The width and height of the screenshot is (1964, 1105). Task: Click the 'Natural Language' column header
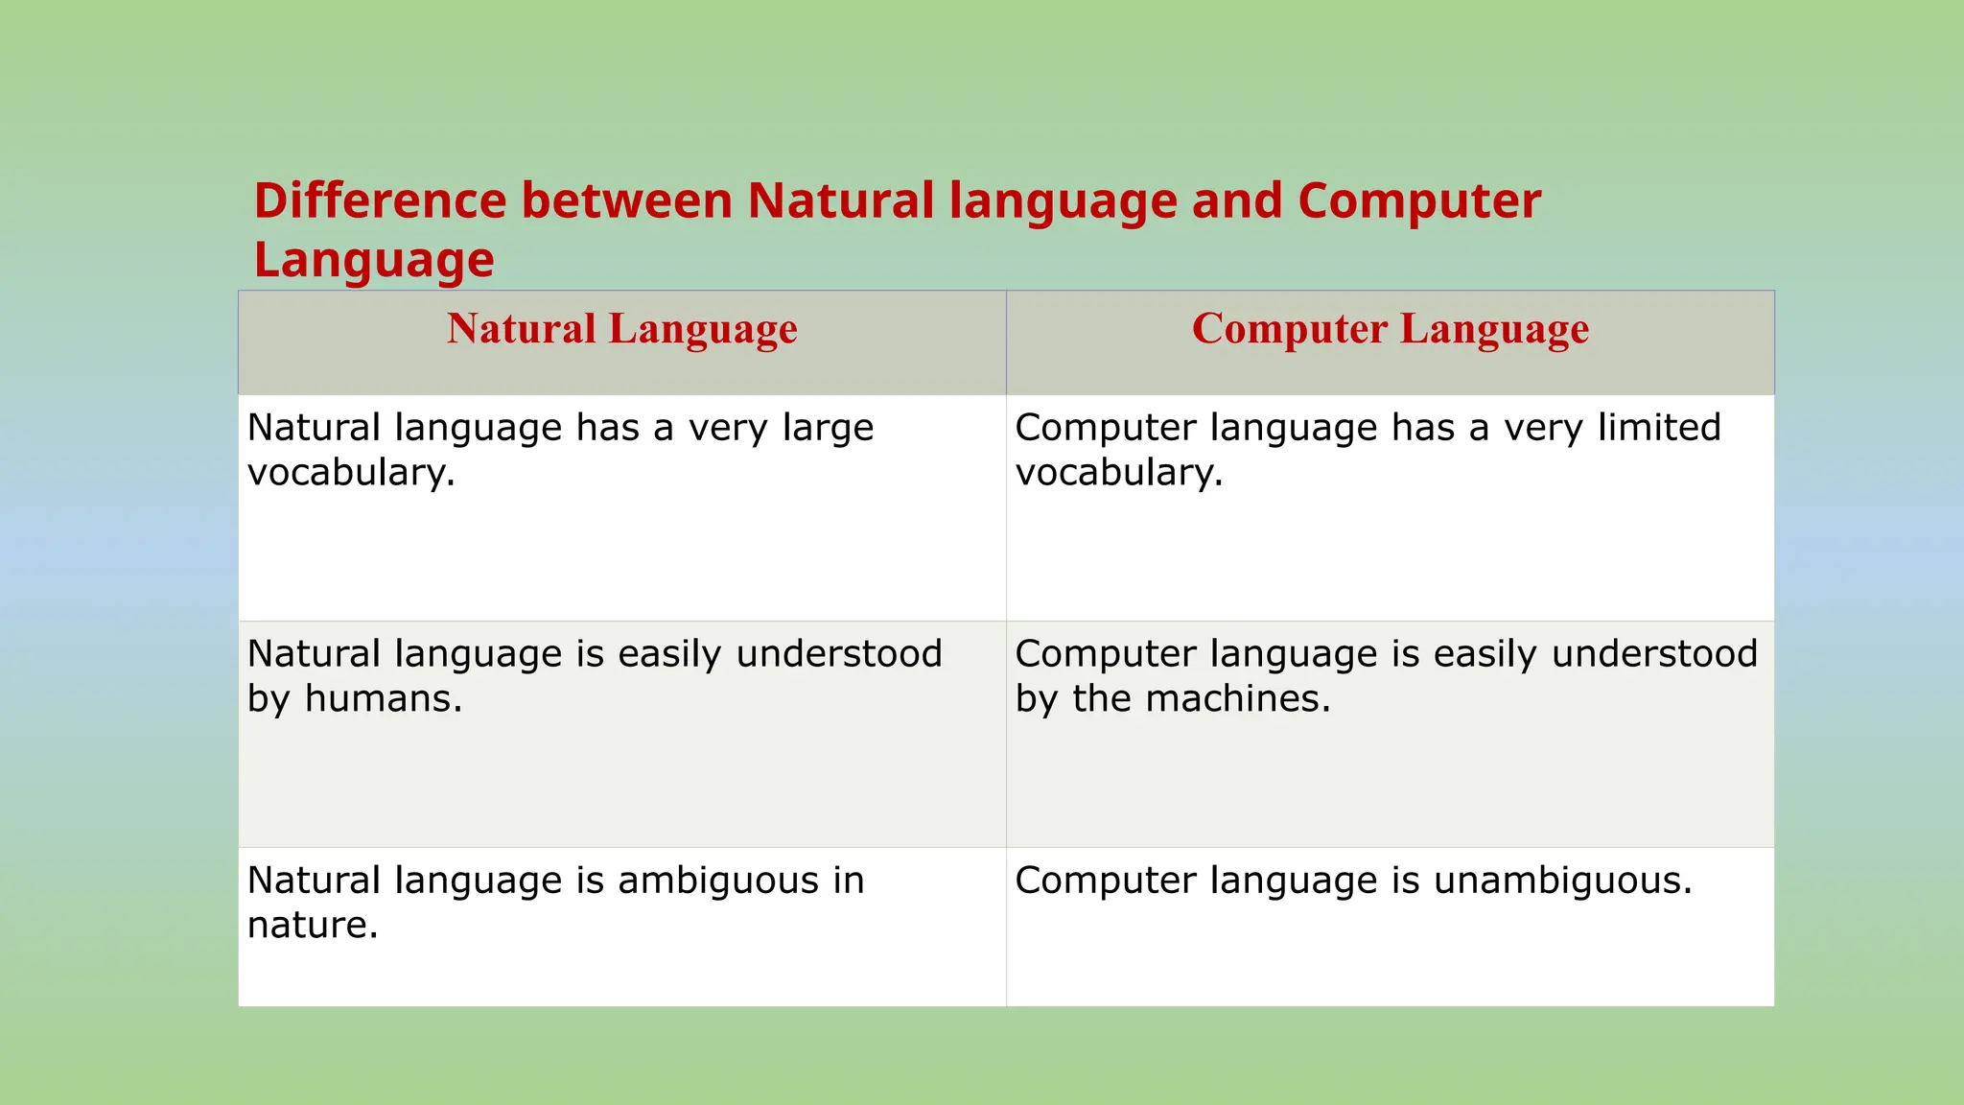pos(621,329)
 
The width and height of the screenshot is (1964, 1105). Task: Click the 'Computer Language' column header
pos(1390,329)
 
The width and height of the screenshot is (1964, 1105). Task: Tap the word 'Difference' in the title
pos(379,201)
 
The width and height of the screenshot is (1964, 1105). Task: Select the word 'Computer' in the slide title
pos(1418,201)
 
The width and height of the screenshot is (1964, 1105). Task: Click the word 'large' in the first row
pos(828,429)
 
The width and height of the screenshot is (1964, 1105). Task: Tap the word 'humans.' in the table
pos(384,698)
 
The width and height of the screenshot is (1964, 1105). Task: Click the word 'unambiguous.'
pos(1563,881)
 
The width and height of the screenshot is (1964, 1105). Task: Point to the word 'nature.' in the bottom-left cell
pos(313,926)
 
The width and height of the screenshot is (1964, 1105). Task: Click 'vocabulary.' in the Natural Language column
pos(351,473)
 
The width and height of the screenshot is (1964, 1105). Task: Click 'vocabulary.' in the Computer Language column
pos(1119,473)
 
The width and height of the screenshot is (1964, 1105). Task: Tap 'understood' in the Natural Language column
pos(839,654)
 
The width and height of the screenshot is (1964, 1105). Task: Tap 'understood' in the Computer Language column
pos(1654,654)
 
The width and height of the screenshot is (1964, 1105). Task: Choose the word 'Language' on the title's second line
pos(374,260)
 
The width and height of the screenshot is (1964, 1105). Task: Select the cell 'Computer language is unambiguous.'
pos(1390,926)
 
